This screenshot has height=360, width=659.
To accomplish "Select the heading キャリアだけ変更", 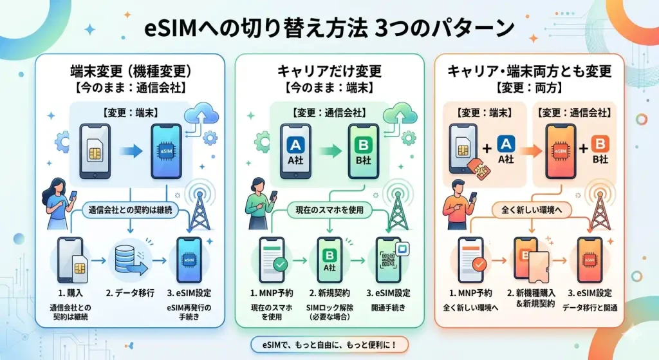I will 329,70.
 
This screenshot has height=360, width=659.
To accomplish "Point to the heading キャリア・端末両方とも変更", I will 529,70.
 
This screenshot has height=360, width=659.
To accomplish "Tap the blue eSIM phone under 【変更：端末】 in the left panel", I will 171,152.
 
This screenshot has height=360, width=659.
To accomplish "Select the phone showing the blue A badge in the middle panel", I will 293,152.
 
